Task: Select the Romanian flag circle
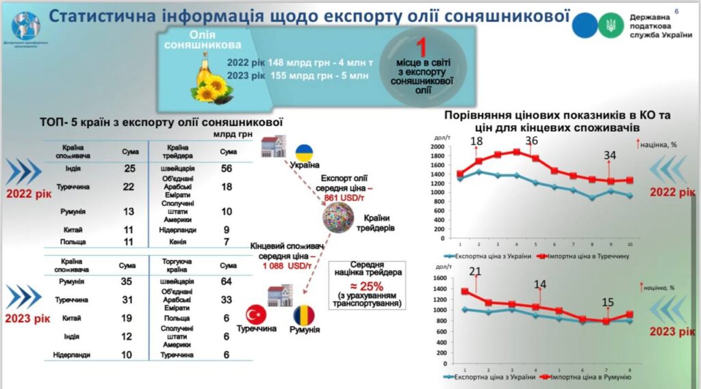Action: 305,315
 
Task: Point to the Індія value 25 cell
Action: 129,168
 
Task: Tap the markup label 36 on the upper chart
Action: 531,141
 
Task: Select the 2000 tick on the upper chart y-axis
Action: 437,147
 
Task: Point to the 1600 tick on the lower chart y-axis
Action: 437,278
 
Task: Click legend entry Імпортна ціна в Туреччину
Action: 589,256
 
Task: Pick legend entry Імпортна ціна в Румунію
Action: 589,376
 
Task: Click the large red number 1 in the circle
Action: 422,49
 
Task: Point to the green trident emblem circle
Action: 607,26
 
